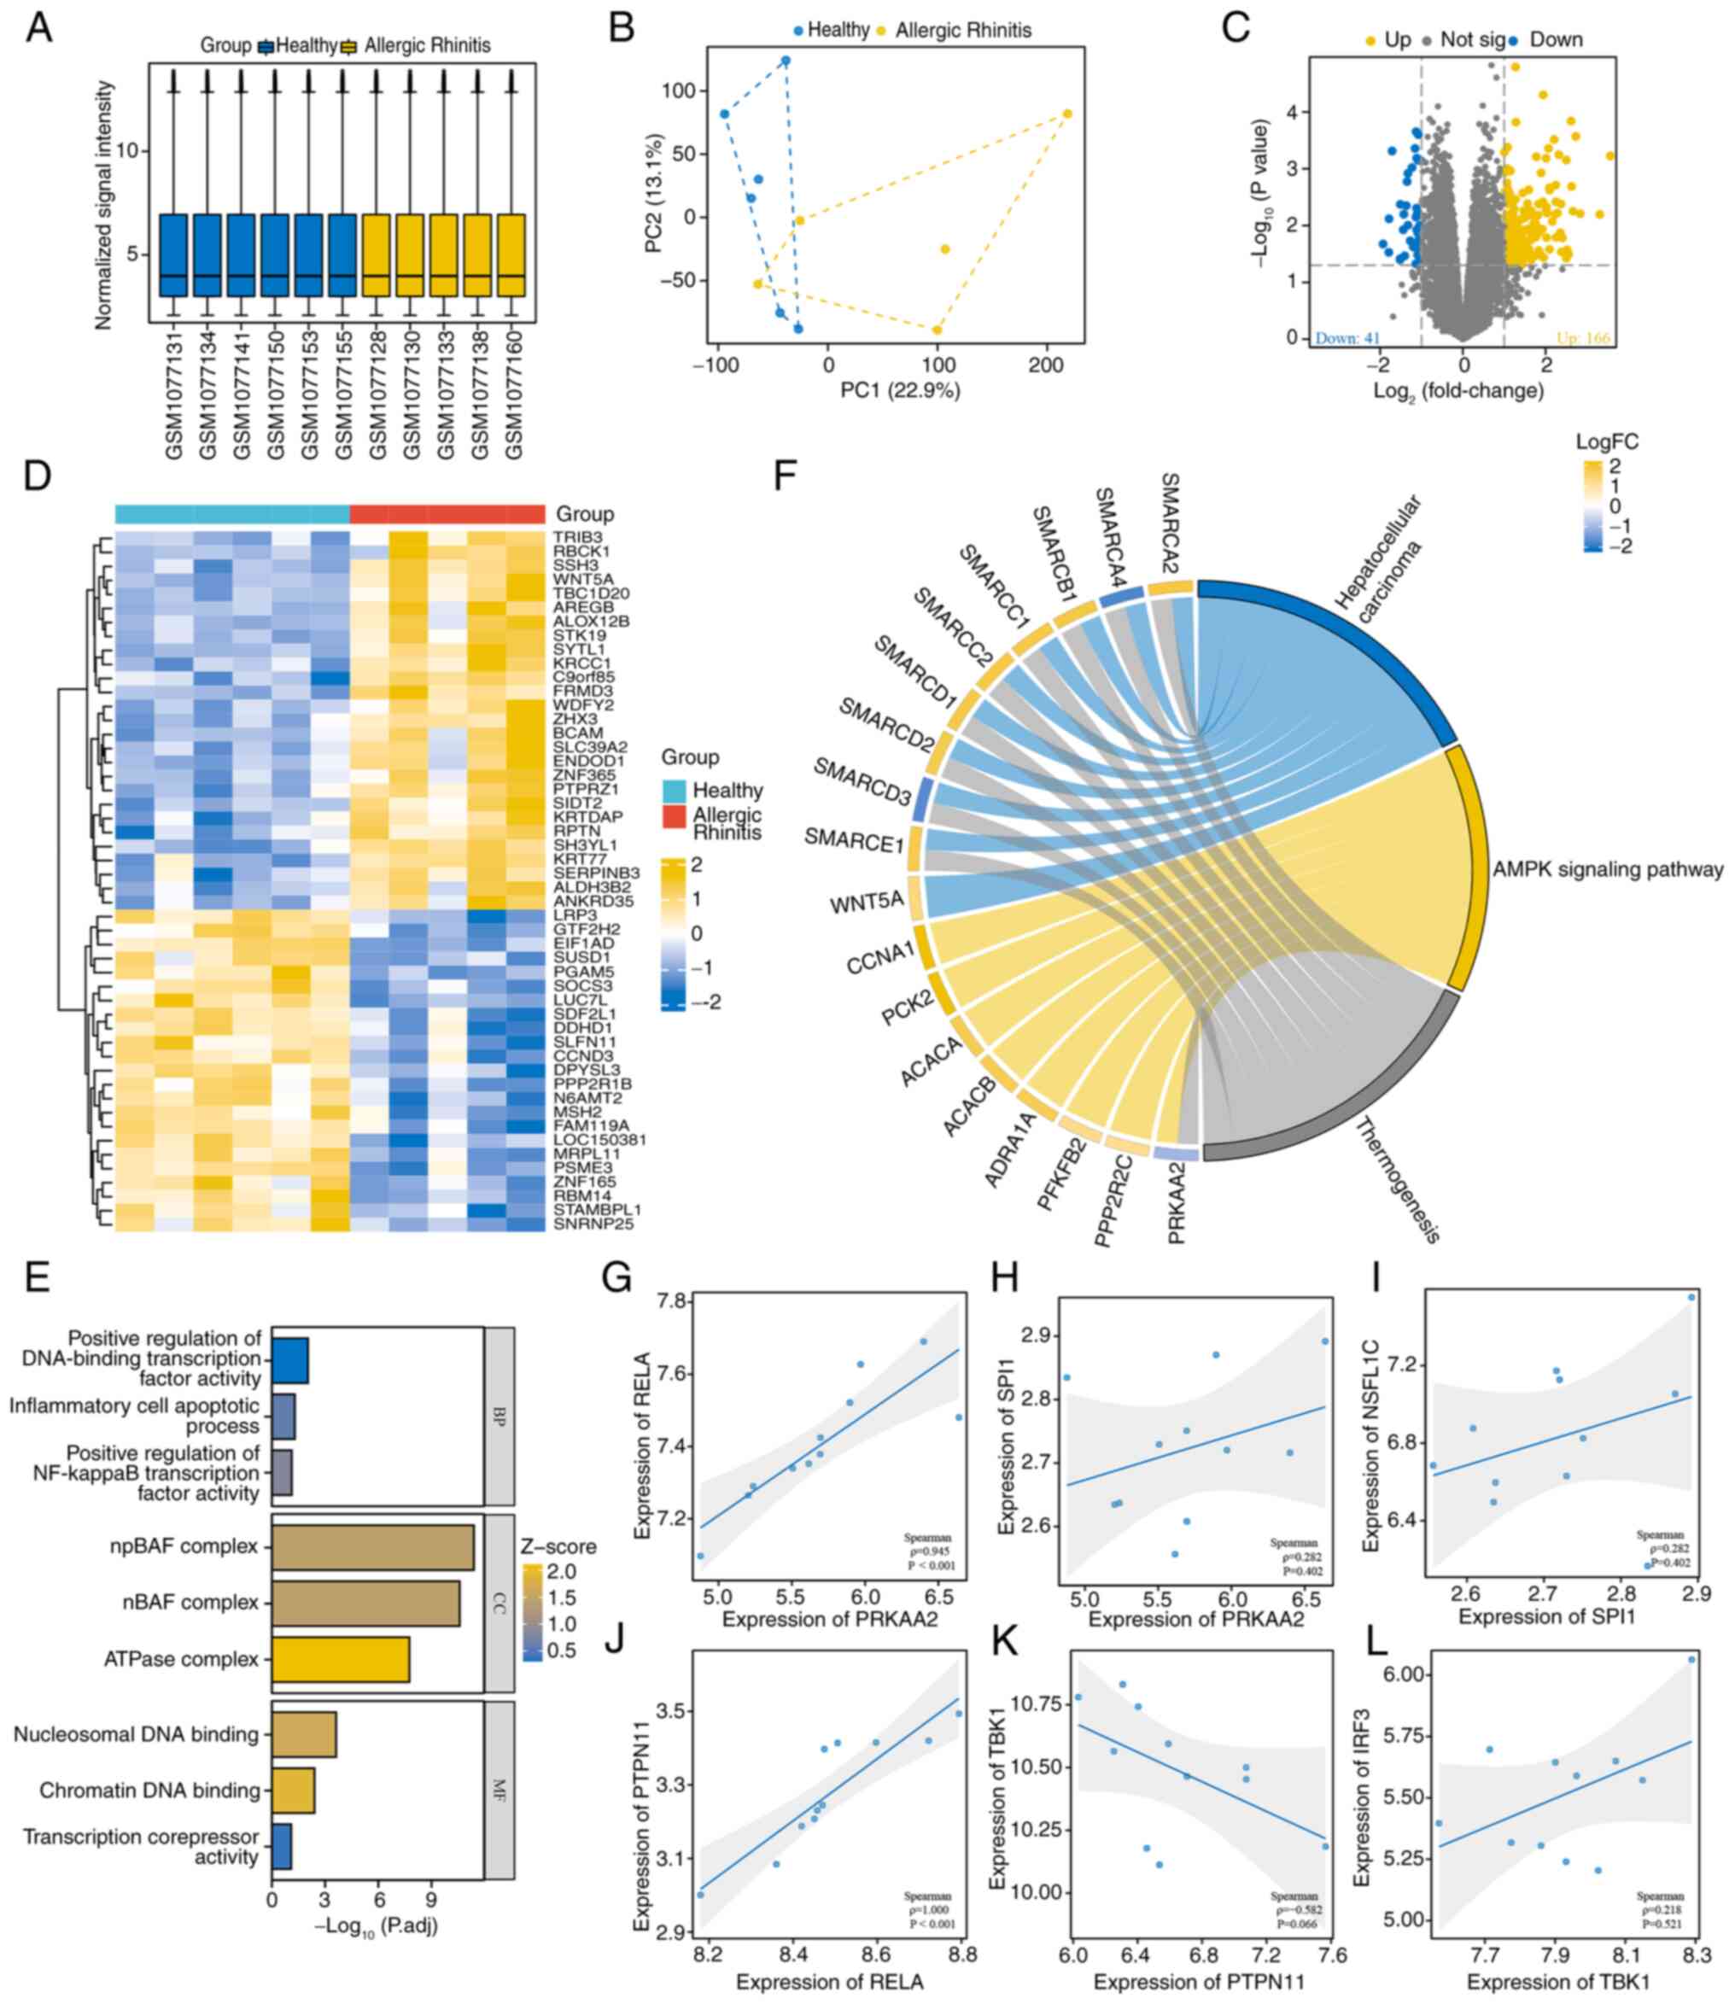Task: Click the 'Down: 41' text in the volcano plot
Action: tap(1347, 339)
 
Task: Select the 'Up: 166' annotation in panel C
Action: tap(1582, 339)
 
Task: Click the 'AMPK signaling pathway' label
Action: tap(1607, 870)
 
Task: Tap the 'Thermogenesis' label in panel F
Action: tap(1397, 1179)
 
